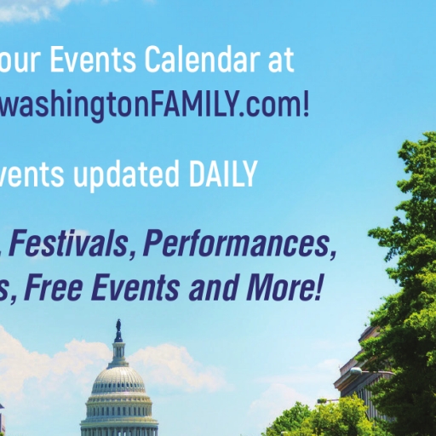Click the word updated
(x=126, y=173)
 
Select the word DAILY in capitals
(x=223, y=173)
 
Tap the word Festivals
(x=68, y=242)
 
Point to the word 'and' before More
(x=214, y=287)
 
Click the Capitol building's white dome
(x=118, y=381)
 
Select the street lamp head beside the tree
(x=356, y=370)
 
